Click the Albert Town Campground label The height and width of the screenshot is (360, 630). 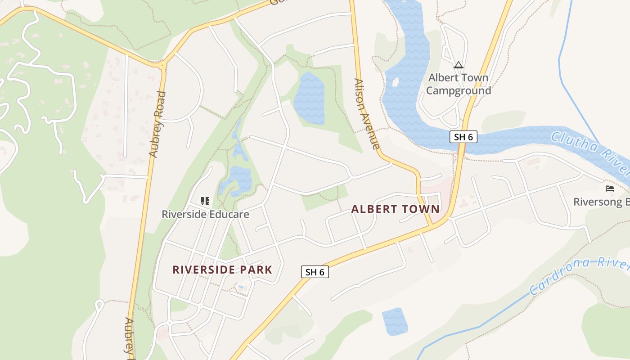(458, 84)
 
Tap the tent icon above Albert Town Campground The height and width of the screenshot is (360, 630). (459, 65)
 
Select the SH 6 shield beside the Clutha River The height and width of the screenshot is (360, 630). (463, 137)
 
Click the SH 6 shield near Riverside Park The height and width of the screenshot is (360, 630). (315, 272)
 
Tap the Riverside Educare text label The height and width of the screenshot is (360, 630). (205, 214)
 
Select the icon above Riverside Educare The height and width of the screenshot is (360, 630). (205, 201)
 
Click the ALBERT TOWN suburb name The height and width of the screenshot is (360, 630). (395, 209)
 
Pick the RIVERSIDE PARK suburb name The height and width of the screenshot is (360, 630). (222, 270)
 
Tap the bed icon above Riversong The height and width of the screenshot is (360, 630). (610, 189)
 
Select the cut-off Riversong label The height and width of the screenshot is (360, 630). (601, 202)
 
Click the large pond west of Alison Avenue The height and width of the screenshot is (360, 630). (309, 98)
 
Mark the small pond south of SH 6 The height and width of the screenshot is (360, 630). (395, 321)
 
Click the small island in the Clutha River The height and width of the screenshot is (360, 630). (396, 82)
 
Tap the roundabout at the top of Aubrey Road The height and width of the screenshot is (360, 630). (162, 65)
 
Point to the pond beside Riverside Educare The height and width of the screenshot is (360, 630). (239, 180)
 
